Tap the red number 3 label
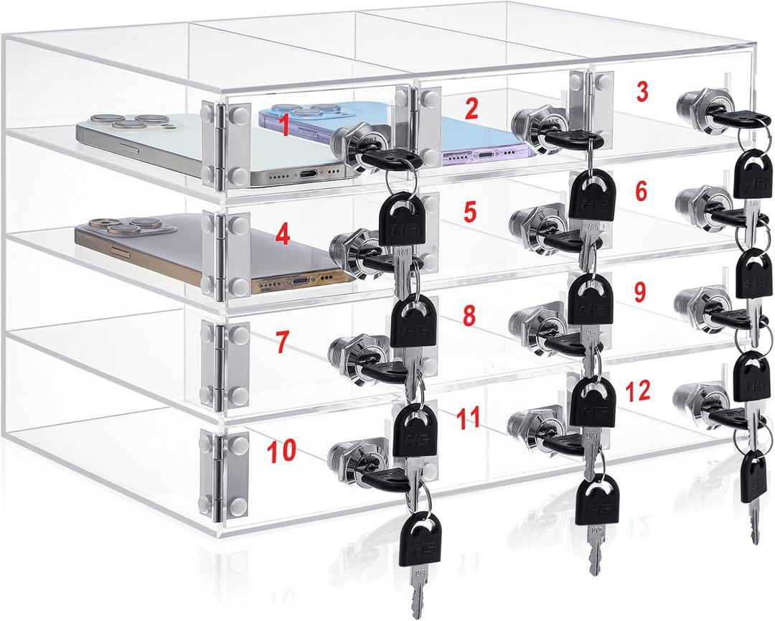[x=642, y=90]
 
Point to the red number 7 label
[x=283, y=342]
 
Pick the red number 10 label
[x=281, y=452]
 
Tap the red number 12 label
[x=637, y=391]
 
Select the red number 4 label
[x=283, y=235]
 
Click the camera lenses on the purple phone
[x=295, y=109]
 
